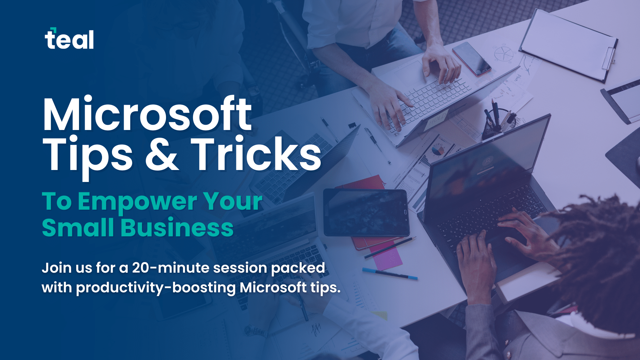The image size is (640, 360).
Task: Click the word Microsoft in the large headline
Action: coord(147,114)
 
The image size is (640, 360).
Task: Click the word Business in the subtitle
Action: coord(177,228)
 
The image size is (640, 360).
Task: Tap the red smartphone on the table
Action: coord(472,59)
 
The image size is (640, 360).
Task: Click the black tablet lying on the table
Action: coord(366,212)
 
